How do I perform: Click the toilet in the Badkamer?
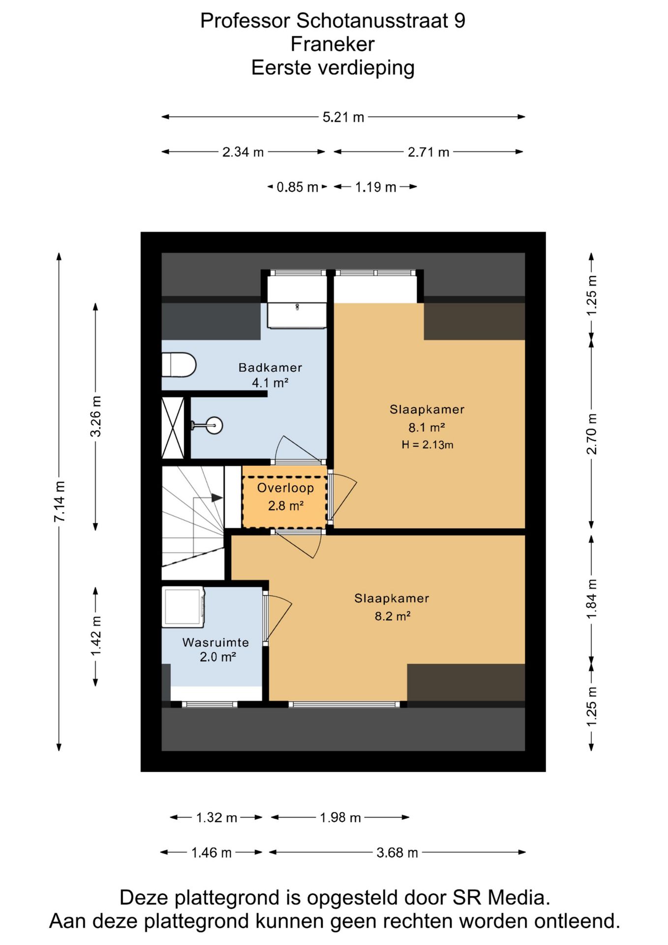(x=179, y=365)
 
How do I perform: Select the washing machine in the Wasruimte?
(x=183, y=607)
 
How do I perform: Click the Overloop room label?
(x=285, y=488)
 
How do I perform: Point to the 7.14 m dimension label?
(x=60, y=501)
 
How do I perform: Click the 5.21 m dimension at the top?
(x=343, y=117)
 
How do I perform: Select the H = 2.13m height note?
(x=427, y=445)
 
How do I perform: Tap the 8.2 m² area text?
(x=393, y=616)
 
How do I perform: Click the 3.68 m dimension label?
(x=397, y=852)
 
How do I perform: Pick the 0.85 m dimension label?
(x=297, y=187)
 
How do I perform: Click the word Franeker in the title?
(x=333, y=44)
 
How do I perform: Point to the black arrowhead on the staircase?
(x=217, y=498)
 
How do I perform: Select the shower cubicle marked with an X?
(x=173, y=428)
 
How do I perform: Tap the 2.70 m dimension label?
(x=592, y=434)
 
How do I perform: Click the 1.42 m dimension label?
(x=96, y=636)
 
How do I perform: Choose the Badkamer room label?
(x=270, y=367)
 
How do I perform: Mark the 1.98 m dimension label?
(x=340, y=818)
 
